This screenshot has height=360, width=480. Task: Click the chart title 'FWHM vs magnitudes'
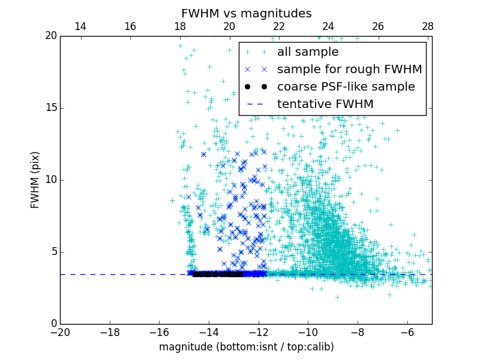[x=246, y=13]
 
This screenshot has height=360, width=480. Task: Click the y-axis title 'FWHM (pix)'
[x=35, y=179]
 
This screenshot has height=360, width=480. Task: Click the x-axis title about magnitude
[x=246, y=347]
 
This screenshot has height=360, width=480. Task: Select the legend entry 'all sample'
[x=307, y=52]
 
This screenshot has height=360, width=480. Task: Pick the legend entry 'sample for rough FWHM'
[x=349, y=70]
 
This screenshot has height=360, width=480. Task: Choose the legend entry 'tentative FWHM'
[x=325, y=104]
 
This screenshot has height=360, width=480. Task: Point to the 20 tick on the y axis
[x=50, y=36]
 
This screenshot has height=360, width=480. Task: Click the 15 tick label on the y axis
[x=50, y=108]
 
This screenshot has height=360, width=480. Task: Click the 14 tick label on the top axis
[x=80, y=26]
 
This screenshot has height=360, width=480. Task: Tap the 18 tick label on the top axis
[x=179, y=26]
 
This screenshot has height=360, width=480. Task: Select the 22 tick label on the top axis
[x=279, y=26]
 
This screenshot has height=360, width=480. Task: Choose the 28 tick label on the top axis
[x=427, y=26]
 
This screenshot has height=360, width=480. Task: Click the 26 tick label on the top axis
[x=378, y=26]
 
